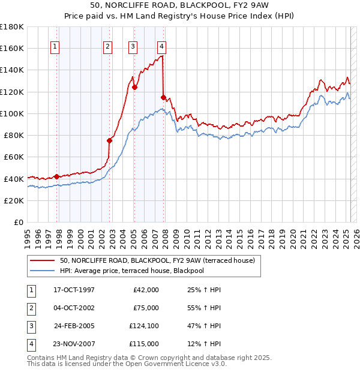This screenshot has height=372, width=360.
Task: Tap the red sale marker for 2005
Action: tap(134, 87)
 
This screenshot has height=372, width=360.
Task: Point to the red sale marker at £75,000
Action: tap(110, 141)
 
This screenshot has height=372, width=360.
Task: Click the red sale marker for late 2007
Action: tap(163, 97)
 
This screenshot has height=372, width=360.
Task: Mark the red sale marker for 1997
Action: tap(57, 176)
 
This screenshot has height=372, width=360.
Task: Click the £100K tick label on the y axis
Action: tap(12, 113)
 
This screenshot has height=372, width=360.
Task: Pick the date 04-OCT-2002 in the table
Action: tap(74, 308)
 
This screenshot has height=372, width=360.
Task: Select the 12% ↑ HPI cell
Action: tap(204, 344)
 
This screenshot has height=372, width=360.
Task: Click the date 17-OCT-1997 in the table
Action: tap(74, 290)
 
